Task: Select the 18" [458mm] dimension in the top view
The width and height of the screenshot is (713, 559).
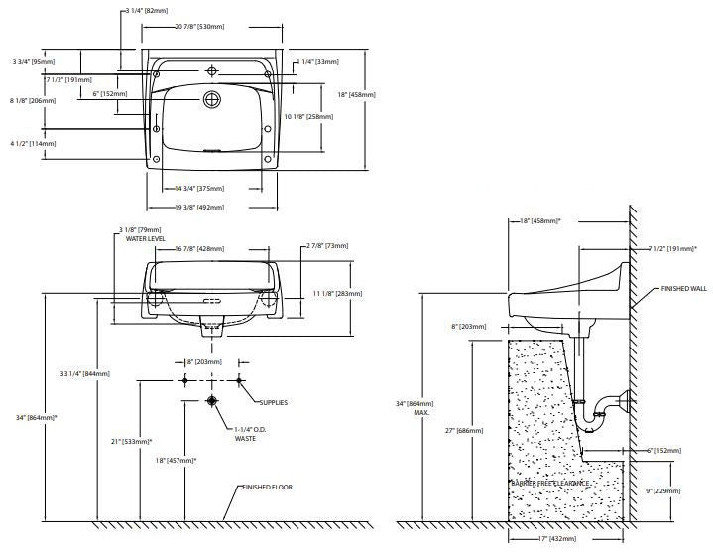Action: [354, 95]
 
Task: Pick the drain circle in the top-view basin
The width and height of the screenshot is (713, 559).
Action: [210, 99]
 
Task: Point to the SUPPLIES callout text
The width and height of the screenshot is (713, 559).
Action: [273, 402]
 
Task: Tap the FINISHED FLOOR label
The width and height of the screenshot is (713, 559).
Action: [269, 489]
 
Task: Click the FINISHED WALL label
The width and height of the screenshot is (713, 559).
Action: [684, 288]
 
